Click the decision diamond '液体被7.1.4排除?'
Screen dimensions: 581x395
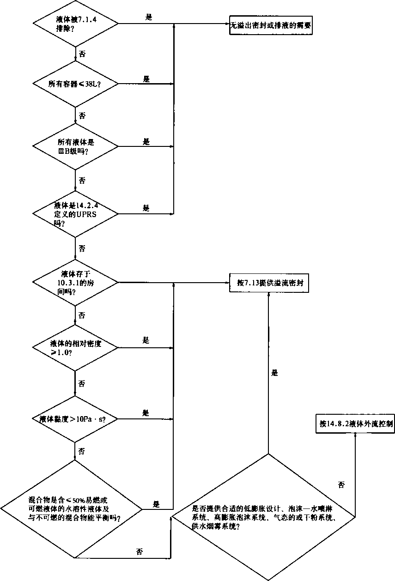tap(75, 23)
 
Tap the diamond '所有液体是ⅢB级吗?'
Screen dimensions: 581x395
tap(75, 147)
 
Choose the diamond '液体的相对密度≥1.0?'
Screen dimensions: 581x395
tap(75, 347)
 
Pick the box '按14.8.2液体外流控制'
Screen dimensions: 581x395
tap(355, 423)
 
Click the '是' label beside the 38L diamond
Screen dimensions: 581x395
tap(146, 79)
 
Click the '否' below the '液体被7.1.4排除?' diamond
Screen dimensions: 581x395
tap(82, 54)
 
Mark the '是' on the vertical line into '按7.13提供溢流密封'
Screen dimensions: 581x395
tap(275, 373)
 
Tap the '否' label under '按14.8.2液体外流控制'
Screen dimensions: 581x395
tap(341, 485)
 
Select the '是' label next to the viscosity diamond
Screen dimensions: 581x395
tap(146, 412)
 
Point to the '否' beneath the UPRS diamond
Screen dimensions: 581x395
tap(82, 248)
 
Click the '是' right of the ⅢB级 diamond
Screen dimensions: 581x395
tap(147, 142)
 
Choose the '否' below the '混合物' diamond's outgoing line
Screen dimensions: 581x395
tap(139, 551)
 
